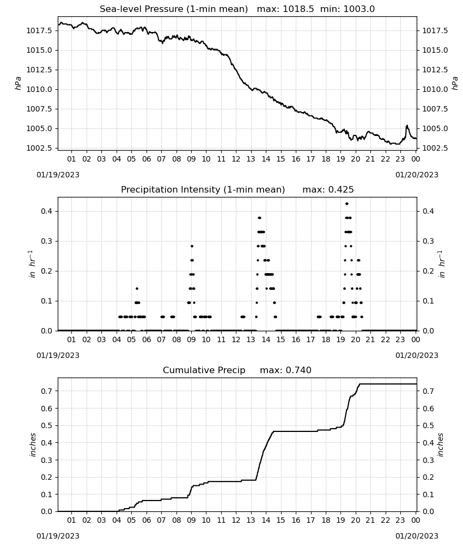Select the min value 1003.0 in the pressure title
pyautogui.click(x=359, y=9)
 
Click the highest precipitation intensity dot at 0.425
pyautogui.click(x=346, y=203)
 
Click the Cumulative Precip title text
pyautogui.click(x=204, y=370)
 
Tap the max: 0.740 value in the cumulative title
pyautogui.click(x=285, y=370)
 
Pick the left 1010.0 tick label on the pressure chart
pyautogui.click(x=39, y=90)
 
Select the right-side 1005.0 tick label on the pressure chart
pyautogui.click(x=435, y=129)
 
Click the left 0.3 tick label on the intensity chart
pyautogui.click(x=46, y=241)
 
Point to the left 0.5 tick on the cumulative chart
pyautogui.click(x=46, y=426)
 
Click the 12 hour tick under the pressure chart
pyautogui.click(x=236, y=159)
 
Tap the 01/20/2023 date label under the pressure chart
pyautogui.click(x=417, y=175)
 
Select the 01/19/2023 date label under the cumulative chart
pyautogui.click(x=58, y=536)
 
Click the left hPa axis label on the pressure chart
pyautogui.click(x=19, y=84)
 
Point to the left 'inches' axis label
pyautogui.click(x=33, y=444)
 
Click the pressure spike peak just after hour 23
pyautogui.click(x=407, y=126)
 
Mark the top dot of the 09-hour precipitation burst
pyautogui.click(x=192, y=246)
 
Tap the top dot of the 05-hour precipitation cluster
pyautogui.click(x=137, y=289)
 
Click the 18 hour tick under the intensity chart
pyautogui.click(x=326, y=339)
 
